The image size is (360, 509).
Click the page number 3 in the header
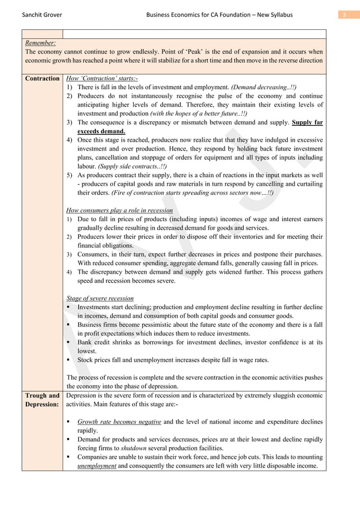[x=344, y=14]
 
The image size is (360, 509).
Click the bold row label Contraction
[x=42, y=78]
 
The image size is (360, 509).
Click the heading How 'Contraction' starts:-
[x=102, y=78]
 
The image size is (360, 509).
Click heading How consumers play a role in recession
[x=120, y=210]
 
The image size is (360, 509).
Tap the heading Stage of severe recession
[x=100, y=298]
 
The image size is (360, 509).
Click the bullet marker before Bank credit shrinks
[x=69, y=342]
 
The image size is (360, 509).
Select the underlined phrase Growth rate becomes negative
[x=119, y=422]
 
